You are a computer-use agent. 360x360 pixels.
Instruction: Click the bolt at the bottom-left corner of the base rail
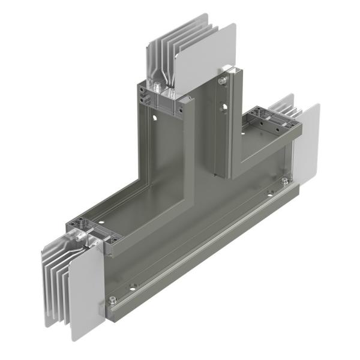click(112, 301)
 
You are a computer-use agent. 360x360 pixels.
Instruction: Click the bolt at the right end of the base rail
click(284, 181)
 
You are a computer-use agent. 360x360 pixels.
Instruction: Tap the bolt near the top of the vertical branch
click(223, 80)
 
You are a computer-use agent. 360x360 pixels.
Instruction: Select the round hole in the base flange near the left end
click(133, 286)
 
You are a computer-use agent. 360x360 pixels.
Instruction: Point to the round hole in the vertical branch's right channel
click(223, 108)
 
